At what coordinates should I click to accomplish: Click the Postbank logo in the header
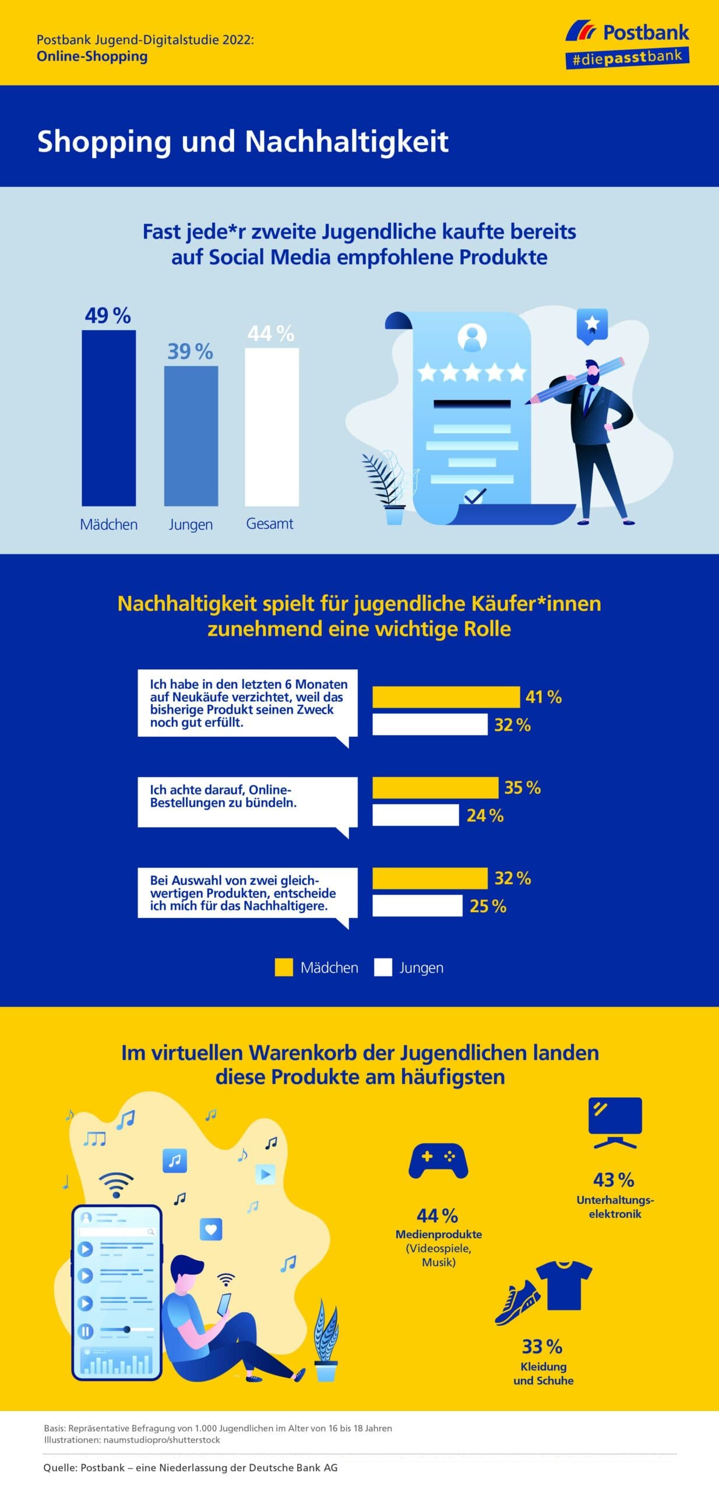pyautogui.click(x=628, y=44)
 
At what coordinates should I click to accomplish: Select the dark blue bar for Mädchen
pyautogui.click(x=108, y=418)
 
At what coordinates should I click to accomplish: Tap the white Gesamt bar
pyautogui.click(x=272, y=426)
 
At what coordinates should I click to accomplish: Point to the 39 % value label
pyautogui.click(x=190, y=351)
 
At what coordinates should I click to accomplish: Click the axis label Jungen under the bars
pyautogui.click(x=191, y=524)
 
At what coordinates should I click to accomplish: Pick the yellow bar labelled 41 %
pyautogui.click(x=446, y=697)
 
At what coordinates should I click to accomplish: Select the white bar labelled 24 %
pyautogui.click(x=415, y=815)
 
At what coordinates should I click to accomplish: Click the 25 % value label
pyautogui.click(x=488, y=906)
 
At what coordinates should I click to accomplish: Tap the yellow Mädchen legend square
pyautogui.click(x=284, y=967)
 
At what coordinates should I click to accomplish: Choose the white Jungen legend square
pyautogui.click(x=383, y=967)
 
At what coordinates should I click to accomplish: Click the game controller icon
pyautogui.click(x=438, y=1161)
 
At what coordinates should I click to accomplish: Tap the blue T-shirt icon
pyautogui.click(x=563, y=1285)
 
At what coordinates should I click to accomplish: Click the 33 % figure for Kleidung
pyautogui.click(x=542, y=1346)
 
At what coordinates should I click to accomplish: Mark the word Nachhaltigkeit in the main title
pyautogui.click(x=347, y=141)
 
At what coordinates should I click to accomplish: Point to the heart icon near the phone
pyautogui.click(x=211, y=1229)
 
